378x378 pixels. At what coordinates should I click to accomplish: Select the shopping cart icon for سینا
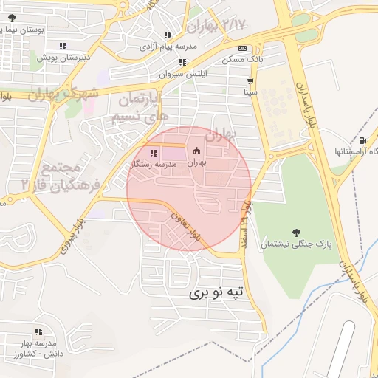coord(251,81)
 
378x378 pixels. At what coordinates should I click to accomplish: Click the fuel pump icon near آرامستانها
coord(362,140)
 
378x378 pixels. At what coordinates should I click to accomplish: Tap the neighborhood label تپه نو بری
coord(216,293)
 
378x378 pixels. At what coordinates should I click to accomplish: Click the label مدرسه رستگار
coord(153,165)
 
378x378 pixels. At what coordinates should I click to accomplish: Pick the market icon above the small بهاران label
coord(196,150)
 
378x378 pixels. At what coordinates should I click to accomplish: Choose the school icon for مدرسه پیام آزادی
coord(168,35)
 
